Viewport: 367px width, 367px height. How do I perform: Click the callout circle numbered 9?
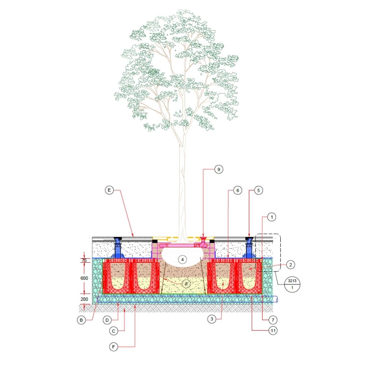point(219,170)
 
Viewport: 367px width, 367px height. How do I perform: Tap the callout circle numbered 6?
point(237,190)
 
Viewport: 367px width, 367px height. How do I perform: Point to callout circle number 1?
point(271,217)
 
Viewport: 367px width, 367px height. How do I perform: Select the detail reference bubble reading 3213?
point(292,283)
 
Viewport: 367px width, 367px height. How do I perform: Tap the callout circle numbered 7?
point(271,319)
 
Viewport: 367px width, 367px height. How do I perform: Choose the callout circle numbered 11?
point(272,331)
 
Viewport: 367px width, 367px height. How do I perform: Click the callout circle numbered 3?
point(211,319)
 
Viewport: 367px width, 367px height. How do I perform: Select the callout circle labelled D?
point(106,320)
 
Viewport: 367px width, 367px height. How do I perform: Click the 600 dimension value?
point(84,278)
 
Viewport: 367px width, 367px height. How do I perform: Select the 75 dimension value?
point(84,260)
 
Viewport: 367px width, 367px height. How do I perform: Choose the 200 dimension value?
point(84,299)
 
